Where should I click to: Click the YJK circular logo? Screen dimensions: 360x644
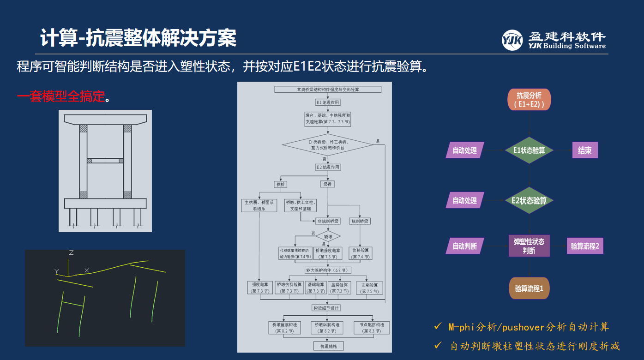click(x=512, y=40)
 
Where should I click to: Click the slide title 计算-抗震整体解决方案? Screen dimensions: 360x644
click(x=138, y=38)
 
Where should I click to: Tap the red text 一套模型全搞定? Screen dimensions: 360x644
click(x=61, y=97)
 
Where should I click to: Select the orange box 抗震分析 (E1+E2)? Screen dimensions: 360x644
click(x=529, y=100)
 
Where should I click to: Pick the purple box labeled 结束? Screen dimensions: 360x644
click(x=585, y=150)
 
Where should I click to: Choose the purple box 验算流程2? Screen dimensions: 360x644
click(x=585, y=246)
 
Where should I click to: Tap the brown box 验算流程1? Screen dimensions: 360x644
click(x=529, y=288)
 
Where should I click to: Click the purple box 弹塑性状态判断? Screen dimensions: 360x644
click(x=529, y=246)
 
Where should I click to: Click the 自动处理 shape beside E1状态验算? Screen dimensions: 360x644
click(x=464, y=150)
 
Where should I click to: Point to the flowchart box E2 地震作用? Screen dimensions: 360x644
click(x=328, y=167)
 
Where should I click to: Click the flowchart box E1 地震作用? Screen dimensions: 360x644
click(x=328, y=102)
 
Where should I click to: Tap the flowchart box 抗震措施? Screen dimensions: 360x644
click(x=328, y=346)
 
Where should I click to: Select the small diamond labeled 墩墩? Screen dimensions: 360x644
click(x=328, y=236)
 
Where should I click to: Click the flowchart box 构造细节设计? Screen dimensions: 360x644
click(x=326, y=308)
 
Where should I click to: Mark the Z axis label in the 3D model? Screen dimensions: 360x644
click(x=71, y=253)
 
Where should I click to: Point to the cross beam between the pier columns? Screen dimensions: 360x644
click(x=105, y=161)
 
